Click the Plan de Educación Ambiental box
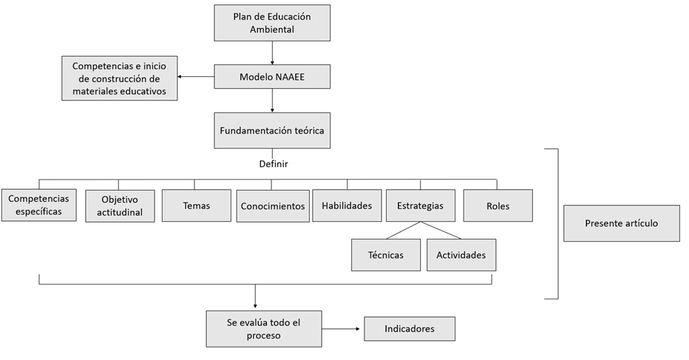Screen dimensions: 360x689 pyautogui.click(x=272, y=23)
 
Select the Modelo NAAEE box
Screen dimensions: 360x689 pyautogui.click(x=272, y=76)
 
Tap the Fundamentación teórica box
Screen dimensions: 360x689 pyautogui.click(x=272, y=131)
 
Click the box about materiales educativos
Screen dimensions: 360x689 pyautogui.click(x=120, y=79)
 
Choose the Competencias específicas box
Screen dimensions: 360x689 pyautogui.click(x=39, y=205)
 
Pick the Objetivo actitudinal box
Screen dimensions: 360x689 pyautogui.click(x=120, y=206)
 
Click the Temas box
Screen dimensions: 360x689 pyautogui.click(x=196, y=206)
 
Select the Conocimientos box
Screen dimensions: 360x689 pyautogui.click(x=272, y=206)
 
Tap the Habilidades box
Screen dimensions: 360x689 pyautogui.click(x=347, y=206)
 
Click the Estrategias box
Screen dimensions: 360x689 pyautogui.click(x=420, y=206)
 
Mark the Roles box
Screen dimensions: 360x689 pyautogui.click(x=498, y=206)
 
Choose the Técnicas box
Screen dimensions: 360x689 pyautogui.click(x=385, y=255)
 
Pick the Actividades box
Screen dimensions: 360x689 pyautogui.click(x=461, y=255)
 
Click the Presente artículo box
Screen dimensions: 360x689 pyautogui.click(x=621, y=223)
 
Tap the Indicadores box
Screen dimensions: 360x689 pyautogui.click(x=410, y=328)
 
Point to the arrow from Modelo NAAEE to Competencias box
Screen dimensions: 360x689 pyautogui.click(x=196, y=76)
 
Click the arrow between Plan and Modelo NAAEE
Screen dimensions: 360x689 pyautogui.click(x=272, y=52)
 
